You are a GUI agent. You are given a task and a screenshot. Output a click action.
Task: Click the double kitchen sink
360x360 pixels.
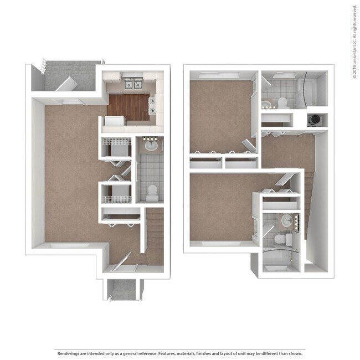[132, 84]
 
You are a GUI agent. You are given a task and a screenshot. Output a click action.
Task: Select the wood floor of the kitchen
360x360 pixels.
[129, 106]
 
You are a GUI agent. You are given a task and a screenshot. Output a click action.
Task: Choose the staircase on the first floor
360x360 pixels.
[155, 235]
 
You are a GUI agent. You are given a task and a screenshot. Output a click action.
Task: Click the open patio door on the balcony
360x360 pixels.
[65, 84]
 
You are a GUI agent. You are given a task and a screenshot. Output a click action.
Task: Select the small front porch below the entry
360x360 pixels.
[122, 289]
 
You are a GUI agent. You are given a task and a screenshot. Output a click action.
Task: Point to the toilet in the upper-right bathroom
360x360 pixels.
[282, 102]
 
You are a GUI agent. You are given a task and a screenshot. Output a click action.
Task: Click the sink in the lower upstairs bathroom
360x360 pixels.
[287, 220]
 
